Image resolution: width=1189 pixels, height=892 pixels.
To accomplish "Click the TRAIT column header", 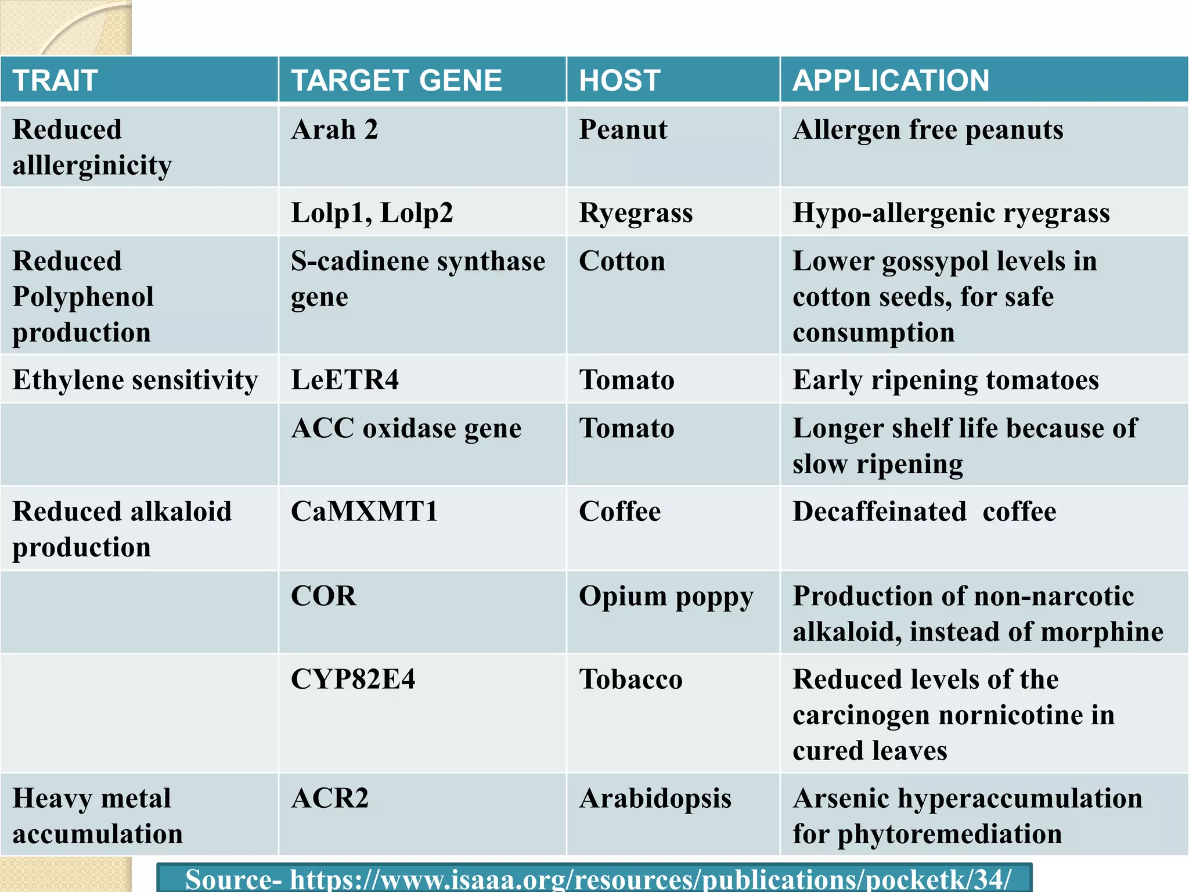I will [55, 80].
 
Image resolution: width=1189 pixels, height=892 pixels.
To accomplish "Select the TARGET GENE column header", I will [397, 80].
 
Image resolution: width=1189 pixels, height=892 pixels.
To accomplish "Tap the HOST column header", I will [619, 80].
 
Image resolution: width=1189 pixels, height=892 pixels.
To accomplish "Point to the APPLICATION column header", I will [891, 80].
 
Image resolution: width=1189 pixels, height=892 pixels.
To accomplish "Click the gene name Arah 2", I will [334, 130].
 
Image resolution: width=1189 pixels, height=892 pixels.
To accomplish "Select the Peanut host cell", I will [623, 130].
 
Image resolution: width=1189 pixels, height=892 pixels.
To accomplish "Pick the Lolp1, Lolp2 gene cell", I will [372, 213].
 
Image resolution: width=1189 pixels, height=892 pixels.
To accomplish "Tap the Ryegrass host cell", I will [636, 213].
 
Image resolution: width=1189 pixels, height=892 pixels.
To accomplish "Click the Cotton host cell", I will [622, 261].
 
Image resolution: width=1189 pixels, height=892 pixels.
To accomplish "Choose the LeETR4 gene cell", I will [345, 380].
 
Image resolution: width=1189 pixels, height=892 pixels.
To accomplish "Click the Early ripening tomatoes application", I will [946, 380].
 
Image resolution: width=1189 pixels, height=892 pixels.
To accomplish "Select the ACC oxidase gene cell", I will [406, 429].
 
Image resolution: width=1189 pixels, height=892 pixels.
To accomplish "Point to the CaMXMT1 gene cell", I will [364, 512].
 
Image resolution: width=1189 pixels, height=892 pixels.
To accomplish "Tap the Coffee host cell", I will [619, 512].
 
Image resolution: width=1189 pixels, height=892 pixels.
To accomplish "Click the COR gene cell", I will [323, 596].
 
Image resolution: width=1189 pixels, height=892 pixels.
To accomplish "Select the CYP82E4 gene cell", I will [353, 679].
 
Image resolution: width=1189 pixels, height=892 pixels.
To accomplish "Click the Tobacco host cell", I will [630, 679].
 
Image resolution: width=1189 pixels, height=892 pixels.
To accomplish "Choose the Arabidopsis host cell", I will [655, 799].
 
